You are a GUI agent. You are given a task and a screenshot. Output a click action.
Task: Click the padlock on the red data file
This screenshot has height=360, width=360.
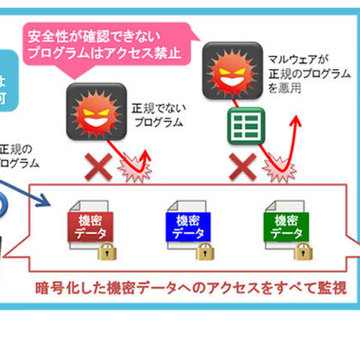point(106,250)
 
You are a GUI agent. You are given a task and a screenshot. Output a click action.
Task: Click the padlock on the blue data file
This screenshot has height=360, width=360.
point(205,250)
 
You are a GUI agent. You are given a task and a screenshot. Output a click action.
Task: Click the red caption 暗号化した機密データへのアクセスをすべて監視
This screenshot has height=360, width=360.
point(191,287)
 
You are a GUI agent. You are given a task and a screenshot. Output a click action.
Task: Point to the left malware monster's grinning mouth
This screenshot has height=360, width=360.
point(94,118)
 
